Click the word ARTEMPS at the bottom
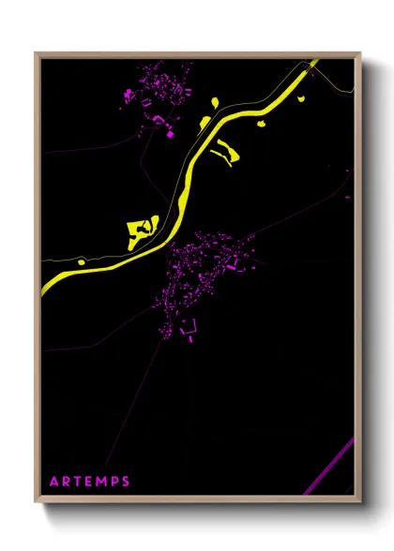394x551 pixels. point(91,483)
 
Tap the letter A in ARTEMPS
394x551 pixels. point(55,483)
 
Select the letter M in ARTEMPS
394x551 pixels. point(105,483)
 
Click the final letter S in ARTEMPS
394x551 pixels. point(129,483)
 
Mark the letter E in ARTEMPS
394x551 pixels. point(92,483)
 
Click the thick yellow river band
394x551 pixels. point(235,117)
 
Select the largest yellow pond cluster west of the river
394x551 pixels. point(141,230)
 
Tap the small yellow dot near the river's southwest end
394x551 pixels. point(82,261)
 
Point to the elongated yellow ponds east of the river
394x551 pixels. point(225,150)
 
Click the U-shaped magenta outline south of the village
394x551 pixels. point(189,327)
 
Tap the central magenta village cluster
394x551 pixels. point(202,272)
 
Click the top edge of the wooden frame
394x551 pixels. point(197,54)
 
